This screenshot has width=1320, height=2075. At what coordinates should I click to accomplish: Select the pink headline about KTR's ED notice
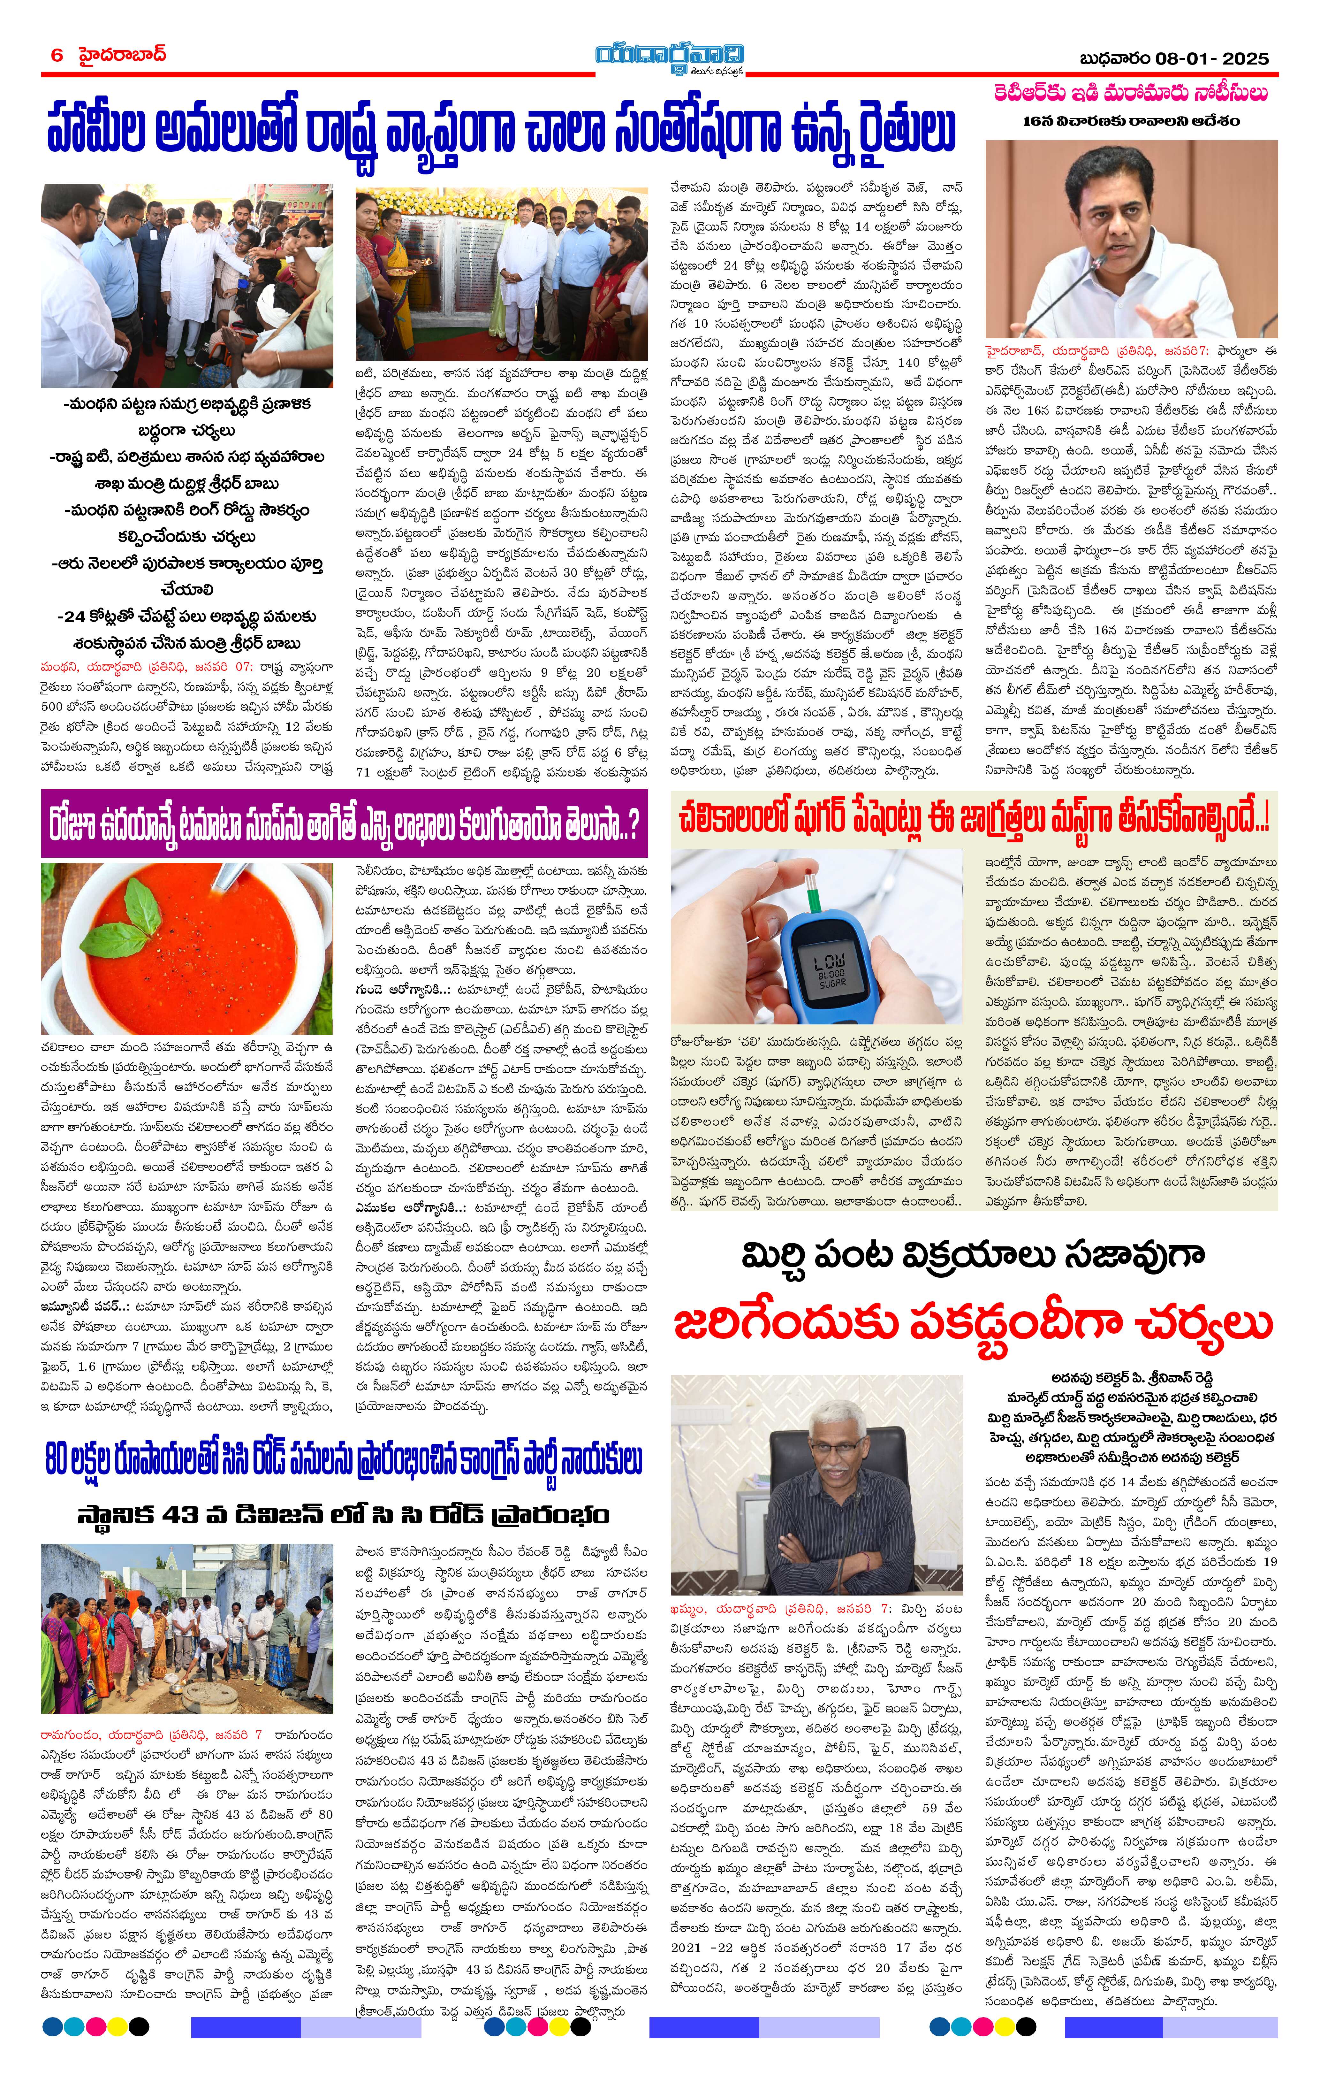click(1130, 93)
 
